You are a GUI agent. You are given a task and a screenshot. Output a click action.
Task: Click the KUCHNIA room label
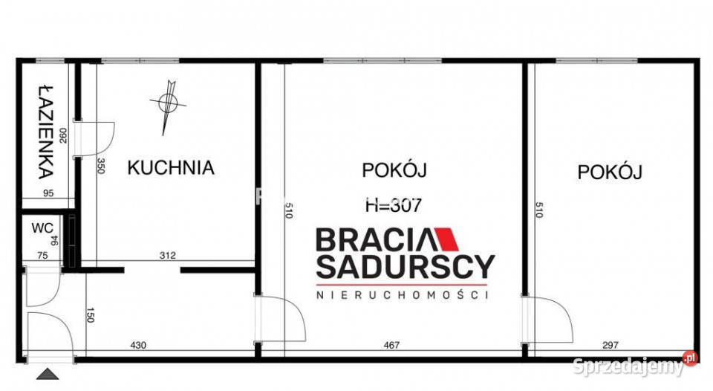coord(171,168)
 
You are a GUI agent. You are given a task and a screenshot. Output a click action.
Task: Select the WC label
coord(39,228)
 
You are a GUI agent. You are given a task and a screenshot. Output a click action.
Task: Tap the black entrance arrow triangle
coord(47,375)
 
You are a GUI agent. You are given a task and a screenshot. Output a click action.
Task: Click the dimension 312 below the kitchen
coord(167,256)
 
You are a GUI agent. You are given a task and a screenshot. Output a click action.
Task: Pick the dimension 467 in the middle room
coord(391,345)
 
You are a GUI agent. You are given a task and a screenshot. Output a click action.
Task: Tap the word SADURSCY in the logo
coord(405,266)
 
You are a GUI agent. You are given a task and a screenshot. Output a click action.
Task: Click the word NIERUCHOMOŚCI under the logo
coord(402,295)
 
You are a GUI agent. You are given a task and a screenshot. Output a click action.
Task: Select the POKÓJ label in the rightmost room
coord(610,172)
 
